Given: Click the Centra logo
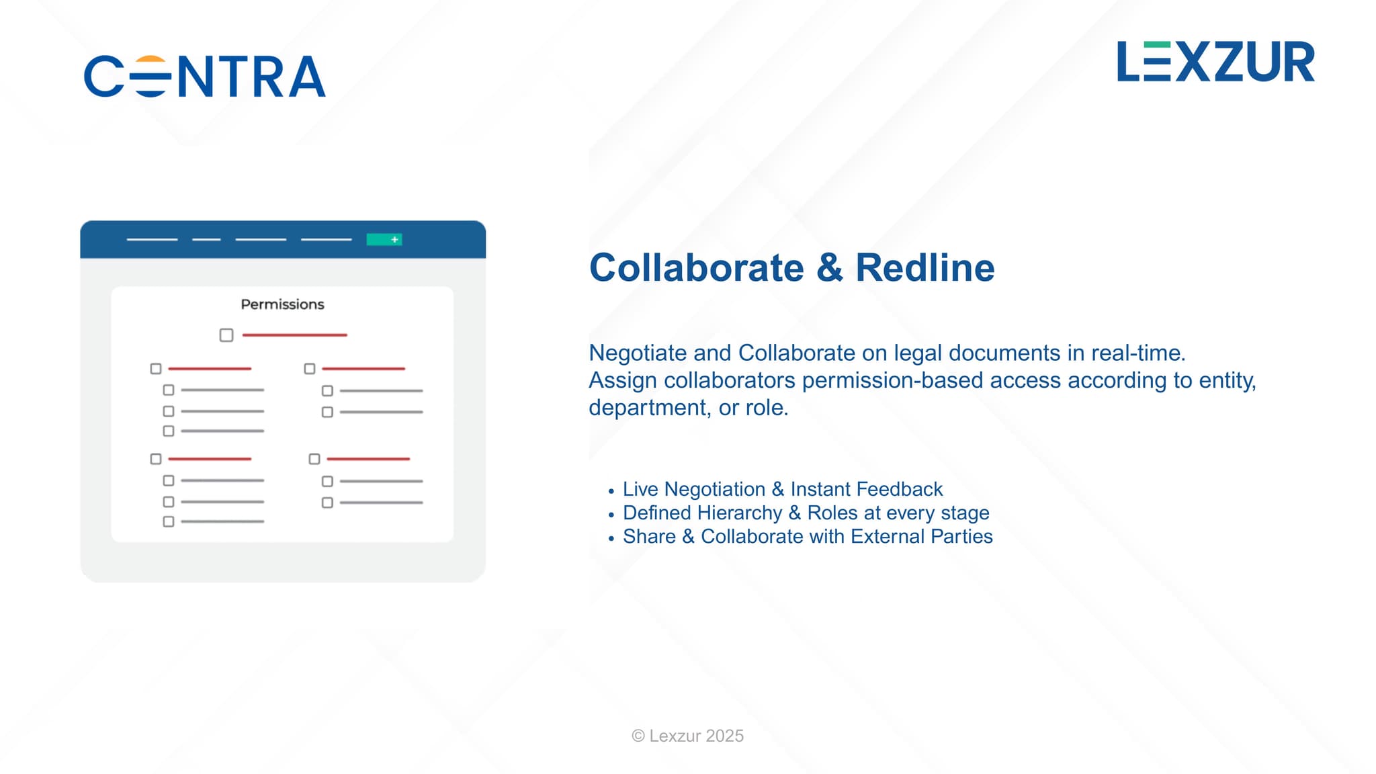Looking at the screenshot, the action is pyautogui.click(x=205, y=76).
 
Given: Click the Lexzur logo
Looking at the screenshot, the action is pyautogui.click(x=1215, y=61).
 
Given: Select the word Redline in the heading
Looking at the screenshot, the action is pyautogui.click(x=924, y=267).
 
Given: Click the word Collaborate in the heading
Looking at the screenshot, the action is pyautogui.click(x=696, y=267).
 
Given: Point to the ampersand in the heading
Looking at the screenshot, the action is pyautogui.click(x=830, y=267).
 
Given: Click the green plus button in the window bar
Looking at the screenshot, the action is pyautogui.click(x=384, y=239).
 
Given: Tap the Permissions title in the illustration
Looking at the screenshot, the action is pyautogui.click(x=282, y=304).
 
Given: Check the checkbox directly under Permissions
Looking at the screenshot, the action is pyautogui.click(x=226, y=335).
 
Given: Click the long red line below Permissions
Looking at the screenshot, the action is pyautogui.click(x=294, y=335).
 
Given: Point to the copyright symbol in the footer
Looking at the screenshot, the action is pyautogui.click(x=638, y=736).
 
